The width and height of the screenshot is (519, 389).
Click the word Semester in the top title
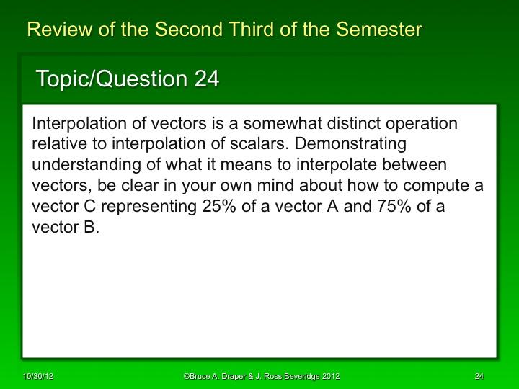(378, 30)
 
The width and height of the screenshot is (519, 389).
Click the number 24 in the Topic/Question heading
(207, 79)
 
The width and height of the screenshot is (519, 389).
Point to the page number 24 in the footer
(479, 377)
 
